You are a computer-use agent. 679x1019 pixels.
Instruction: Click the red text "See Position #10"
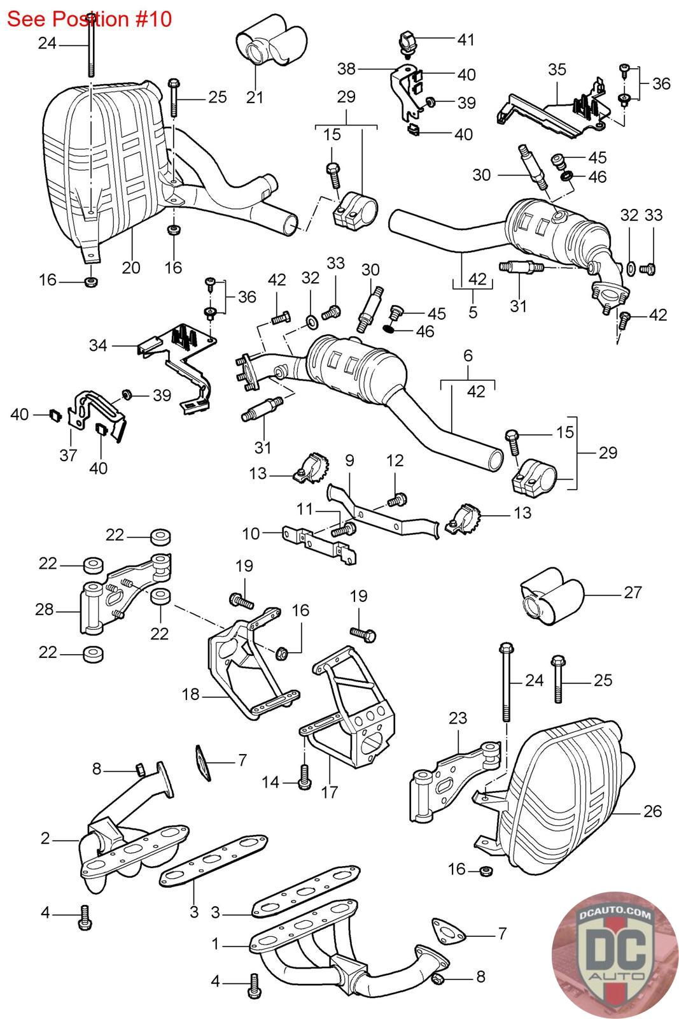tap(90, 18)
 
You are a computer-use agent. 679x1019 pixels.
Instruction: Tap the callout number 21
tap(255, 97)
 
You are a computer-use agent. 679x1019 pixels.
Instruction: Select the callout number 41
tap(466, 39)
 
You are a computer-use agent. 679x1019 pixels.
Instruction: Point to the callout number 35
tap(557, 69)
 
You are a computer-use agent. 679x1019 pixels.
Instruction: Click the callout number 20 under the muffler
tap(131, 267)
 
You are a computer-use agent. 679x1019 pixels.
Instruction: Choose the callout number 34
tap(99, 345)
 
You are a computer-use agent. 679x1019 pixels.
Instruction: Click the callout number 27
tap(633, 592)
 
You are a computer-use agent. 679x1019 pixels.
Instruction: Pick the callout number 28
tap(45, 610)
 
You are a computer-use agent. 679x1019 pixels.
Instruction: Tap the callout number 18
tap(191, 694)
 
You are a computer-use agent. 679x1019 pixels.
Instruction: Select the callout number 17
tap(330, 792)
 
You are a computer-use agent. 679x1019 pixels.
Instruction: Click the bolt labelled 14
tap(304, 775)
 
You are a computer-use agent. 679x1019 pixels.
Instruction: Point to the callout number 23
tap(457, 718)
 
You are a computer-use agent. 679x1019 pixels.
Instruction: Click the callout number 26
tap(652, 811)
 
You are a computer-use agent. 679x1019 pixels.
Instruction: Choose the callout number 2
tap(45, 838)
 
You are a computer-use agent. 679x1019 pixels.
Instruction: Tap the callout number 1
tap(216, 944)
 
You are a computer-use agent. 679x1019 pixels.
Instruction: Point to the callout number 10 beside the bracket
tap(251, 533)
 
